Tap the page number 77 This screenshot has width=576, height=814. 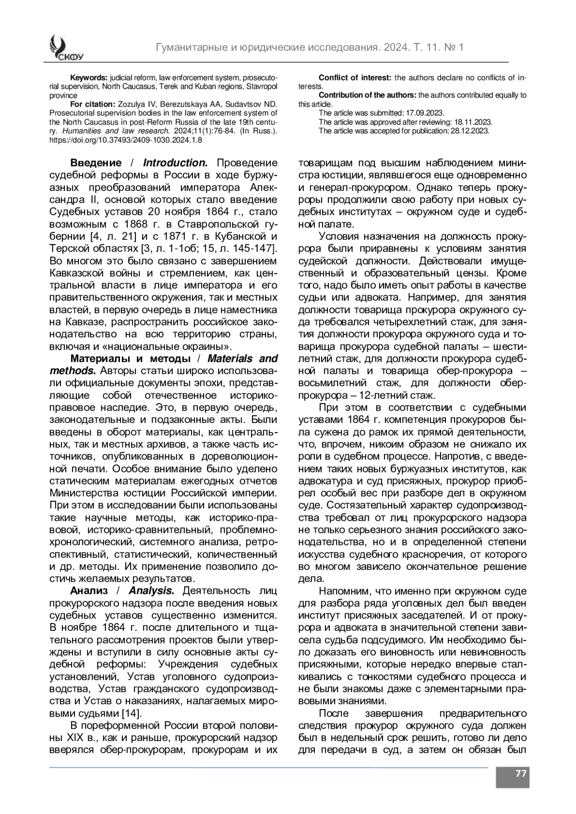513,774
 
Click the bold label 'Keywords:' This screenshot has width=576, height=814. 89,78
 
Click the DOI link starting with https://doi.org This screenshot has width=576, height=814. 126,140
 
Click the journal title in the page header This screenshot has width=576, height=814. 310,47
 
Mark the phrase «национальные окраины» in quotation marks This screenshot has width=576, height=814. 180,346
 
